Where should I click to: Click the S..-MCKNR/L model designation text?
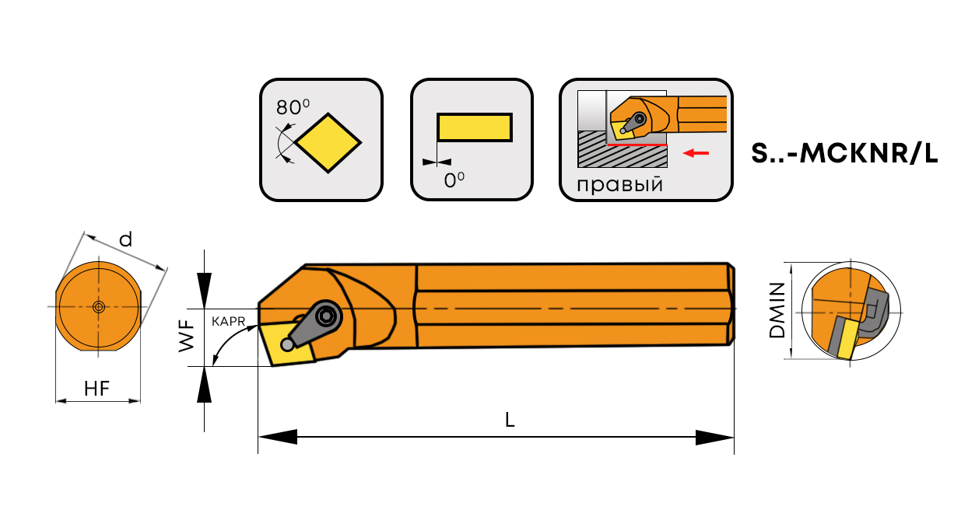click(x=844, y=153)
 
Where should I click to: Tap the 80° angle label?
click(x=293, y=106)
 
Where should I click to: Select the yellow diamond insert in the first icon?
click(x=328, y=143)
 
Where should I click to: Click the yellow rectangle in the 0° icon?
click(x=475, y=127)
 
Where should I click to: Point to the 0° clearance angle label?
click(x=454, y=180)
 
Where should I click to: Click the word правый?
click(x=619, y=184)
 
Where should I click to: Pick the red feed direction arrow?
click(x=696, y=152)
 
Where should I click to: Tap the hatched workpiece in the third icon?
click(x=623, y=150)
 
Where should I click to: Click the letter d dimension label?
click(x=125, y=240)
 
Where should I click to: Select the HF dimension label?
click(x=96, y=389)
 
